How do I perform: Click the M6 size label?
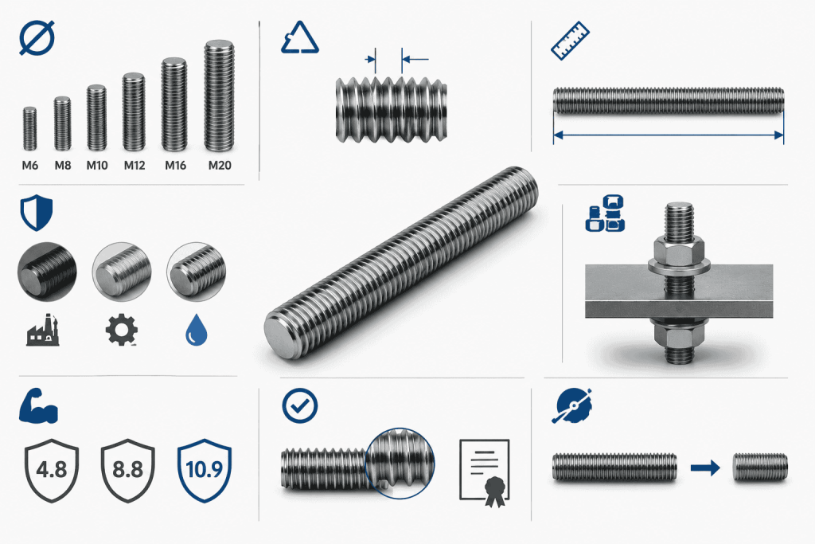[x=30, y=166]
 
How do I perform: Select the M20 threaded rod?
[x=219, y=96]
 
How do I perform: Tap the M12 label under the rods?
[x=134, y=166]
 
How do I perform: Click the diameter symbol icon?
[x=37, y=38]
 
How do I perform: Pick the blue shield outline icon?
[x=37, y=213]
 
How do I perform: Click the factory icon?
[x=43, y=330]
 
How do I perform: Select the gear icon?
[x=121, y=330]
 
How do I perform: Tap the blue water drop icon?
[x=197, y=330]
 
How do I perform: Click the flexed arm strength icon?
[x=38, y=405]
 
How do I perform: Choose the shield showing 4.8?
[x=52, y=470]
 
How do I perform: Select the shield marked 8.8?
[x=128, y=470]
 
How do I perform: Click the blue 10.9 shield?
[x=205, y=470]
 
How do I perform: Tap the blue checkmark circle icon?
[x=300, y=405]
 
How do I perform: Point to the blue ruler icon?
[x=570, y=41]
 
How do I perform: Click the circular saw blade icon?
[x=571, y=405]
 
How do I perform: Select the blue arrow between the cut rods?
[x=705, y=468]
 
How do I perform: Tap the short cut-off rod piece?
[x=760, y=467]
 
